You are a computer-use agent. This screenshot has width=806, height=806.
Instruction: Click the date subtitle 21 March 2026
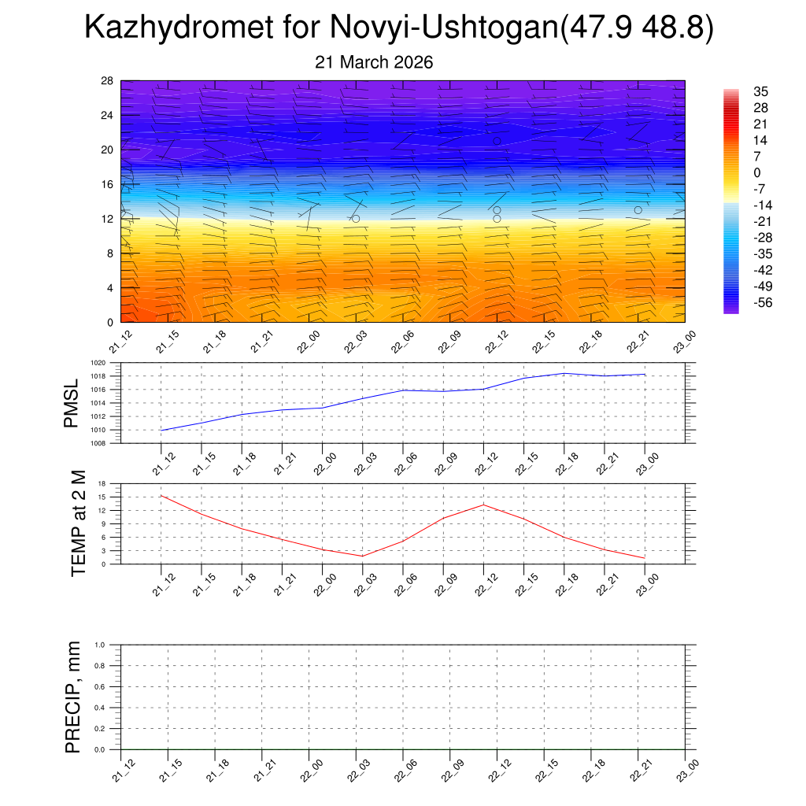tap(374, 62)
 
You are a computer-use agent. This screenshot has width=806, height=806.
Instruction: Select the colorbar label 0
tap(757, 172)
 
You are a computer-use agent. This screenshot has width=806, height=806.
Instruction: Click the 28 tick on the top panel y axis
tap(108, 81)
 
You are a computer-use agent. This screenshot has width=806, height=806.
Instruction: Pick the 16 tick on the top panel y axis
tap(108, 184)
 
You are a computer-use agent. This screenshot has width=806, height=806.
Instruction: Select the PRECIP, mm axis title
tap(73, 697)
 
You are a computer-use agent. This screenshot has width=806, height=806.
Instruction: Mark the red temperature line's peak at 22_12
tap(483, 505)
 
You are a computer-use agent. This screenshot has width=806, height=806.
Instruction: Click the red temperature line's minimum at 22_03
tap(362, 556)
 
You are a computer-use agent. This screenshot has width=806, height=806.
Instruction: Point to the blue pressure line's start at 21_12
tap(161, 430)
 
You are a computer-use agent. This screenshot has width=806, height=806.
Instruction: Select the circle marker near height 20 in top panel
tap(497, 141)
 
